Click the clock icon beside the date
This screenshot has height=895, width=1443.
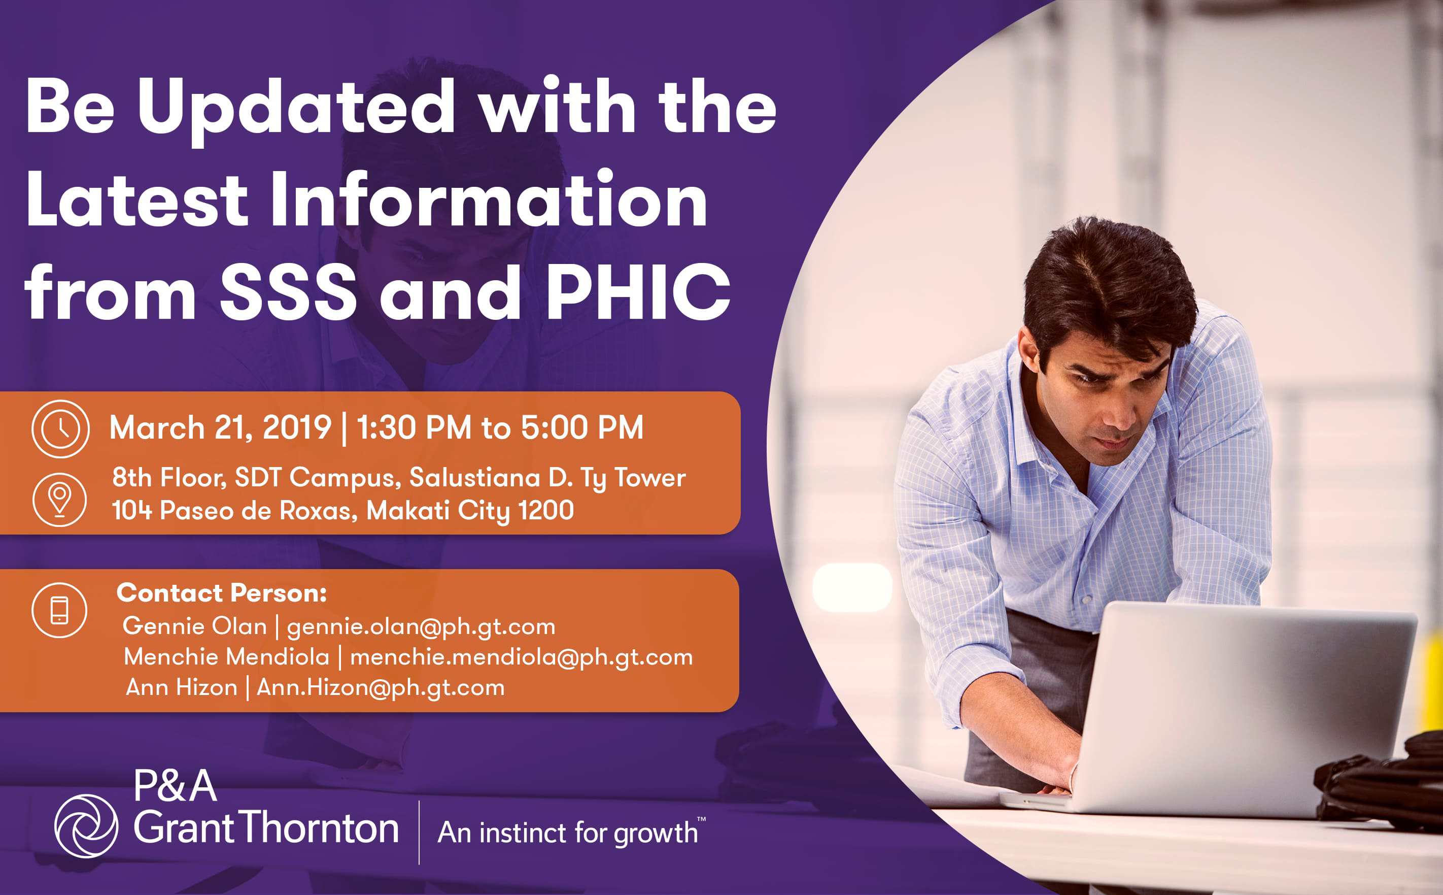coord(60,428)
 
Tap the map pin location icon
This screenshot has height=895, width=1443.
coord(60,500)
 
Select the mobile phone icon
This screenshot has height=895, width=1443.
coord(59,610)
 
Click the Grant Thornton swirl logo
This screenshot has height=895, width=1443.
coord(86,826)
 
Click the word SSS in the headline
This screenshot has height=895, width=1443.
coord(288,292)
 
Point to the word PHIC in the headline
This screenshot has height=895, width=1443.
coord(637,292)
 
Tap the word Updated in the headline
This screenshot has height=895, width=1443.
coord(296,110)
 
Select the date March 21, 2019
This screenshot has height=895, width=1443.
coord(220,427)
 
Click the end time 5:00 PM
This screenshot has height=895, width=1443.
coord(581,427)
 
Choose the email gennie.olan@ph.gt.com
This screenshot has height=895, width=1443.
coord(421,627)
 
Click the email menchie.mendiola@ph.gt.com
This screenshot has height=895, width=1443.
coord(521,657)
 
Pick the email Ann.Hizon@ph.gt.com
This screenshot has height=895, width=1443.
coord(381,688)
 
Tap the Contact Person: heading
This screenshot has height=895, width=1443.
coord(222,592)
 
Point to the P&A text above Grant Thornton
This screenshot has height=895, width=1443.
coord(175,786)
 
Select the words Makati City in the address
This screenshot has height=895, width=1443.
coord(438,511)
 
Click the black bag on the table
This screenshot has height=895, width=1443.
coord(1382,781)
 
